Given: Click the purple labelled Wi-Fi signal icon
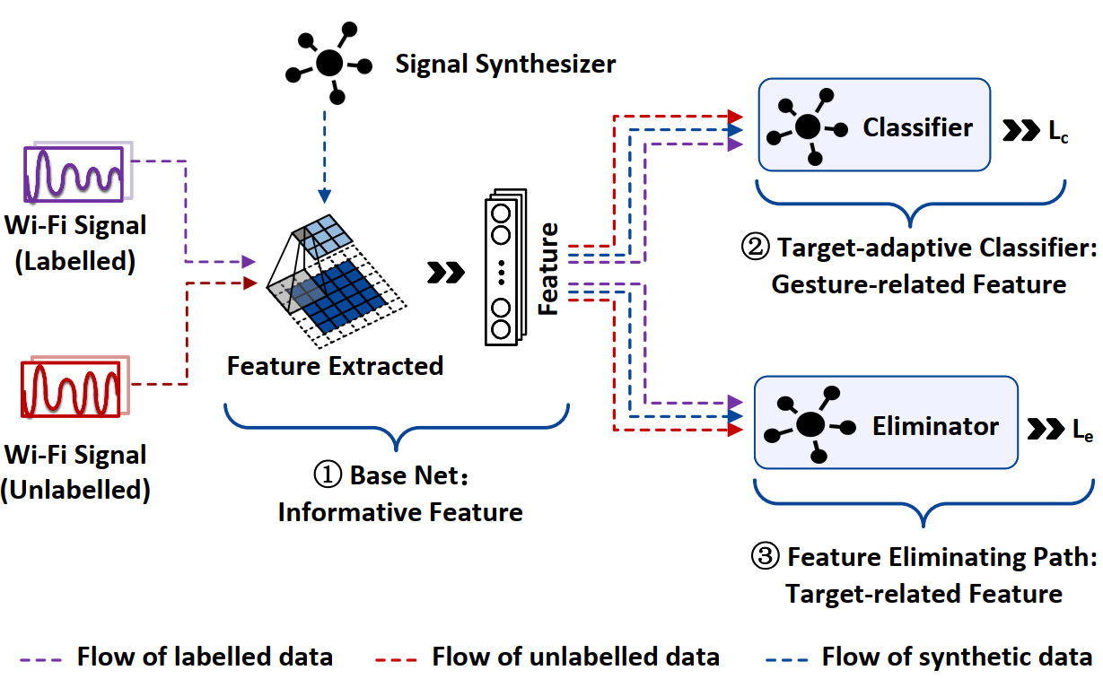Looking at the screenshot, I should pos(74,171).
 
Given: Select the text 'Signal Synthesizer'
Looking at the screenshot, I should pos(505,65).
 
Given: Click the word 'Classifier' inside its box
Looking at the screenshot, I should pos(917,127).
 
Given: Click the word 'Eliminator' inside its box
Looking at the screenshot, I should pos(935,425).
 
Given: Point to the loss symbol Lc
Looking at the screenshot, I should pos(1058,130).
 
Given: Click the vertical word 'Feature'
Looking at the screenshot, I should pos(548,269).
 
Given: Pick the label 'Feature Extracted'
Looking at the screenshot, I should pos(335,366).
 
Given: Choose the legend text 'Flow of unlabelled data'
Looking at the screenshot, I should pos(575,657).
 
